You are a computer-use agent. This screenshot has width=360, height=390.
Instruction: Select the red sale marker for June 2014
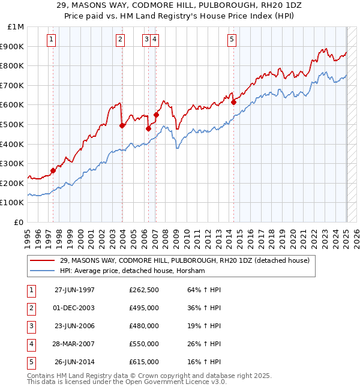coord(234,102)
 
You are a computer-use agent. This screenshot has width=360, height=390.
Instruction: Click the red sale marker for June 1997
coord(53,170)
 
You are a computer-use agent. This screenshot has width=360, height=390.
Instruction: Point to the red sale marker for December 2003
coord(122,125)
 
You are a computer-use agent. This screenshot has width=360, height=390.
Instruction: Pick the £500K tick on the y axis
coord(14,124)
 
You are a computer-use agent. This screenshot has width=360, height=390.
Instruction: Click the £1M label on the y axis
coord(16,27)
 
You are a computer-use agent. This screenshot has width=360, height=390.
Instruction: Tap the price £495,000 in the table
coord(144,308)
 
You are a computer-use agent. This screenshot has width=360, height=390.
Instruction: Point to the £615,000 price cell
coord(144,362)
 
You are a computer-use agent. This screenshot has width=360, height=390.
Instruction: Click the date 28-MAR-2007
coord(74,344)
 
